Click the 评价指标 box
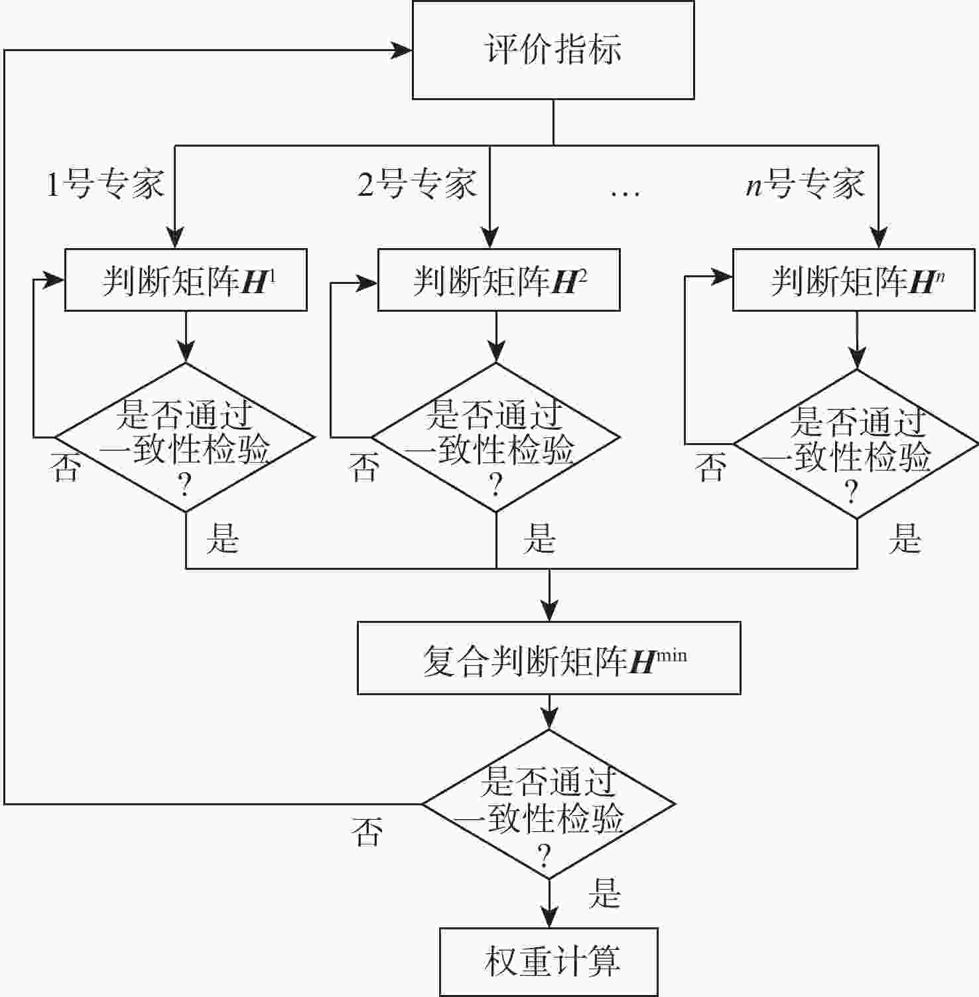click(553, 50)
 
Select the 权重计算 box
click(549, 961)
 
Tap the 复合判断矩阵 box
click(549, 658)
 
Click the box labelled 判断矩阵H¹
click(186, 280)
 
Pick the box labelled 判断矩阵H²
click(499, 280)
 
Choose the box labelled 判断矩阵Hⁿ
click(854, 280)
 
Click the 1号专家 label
click(105, 183)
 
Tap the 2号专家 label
click(417, 183)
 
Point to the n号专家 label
click(805, 183)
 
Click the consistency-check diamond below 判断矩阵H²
click(495, 437)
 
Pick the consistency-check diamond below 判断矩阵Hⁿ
click(856, 444)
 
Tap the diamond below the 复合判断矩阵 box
click(549, 805)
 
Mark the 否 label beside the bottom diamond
click(367, 832)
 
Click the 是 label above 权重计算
click(604, 893)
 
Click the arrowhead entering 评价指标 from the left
click(402, 50)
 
